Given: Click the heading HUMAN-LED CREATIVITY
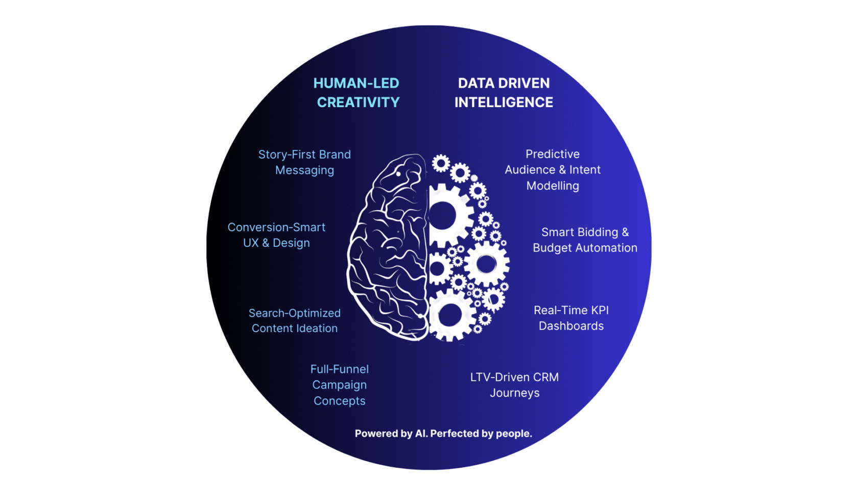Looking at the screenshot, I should (356, 93).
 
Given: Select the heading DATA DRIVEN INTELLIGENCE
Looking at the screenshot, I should (504, 93).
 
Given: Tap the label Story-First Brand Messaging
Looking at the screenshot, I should (304, 162).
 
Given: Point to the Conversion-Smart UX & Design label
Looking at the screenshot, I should (276, 235).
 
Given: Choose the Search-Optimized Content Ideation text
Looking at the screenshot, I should (295, 321).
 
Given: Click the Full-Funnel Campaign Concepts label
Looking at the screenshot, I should (340, 385).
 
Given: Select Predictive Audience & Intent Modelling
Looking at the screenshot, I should (553, 170).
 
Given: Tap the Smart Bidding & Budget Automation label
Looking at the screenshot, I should (585, 240).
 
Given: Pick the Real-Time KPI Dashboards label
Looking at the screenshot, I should (571, 318).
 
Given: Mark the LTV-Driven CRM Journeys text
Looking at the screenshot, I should (514, 385).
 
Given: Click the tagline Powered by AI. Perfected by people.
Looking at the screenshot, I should (443, 434).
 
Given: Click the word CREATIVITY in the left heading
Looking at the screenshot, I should (358, 103).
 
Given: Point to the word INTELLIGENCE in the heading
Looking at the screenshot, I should (504, 103).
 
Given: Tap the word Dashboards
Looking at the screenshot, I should (571, 326).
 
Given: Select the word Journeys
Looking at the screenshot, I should (514, 393).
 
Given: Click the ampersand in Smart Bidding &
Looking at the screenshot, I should (625, 233).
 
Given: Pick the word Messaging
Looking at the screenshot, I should (304, 170).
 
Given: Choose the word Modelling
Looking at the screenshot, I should (553, 186).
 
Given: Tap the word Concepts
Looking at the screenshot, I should (340, 401).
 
